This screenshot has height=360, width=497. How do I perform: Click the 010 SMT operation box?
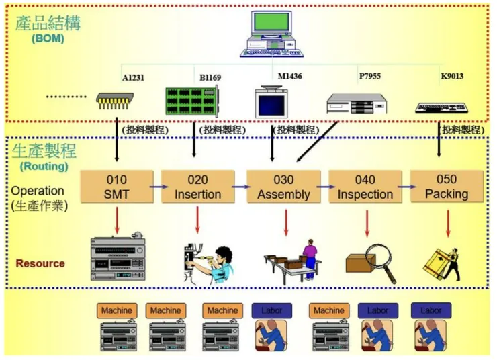click(116, 187)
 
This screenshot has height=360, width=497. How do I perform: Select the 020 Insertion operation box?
click(197, 187)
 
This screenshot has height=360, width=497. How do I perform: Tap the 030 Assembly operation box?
click(283, 187)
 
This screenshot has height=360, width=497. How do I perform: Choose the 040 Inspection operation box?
click(365, 187)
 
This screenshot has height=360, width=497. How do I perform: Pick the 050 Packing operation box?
click(446, 187)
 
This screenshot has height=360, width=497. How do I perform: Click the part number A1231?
click(133, 77)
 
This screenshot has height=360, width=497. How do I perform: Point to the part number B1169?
click(210, 77)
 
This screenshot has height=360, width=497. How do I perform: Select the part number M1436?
click(289, 76)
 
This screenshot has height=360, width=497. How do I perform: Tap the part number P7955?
click(369, 76)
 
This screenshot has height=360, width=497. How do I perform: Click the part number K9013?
click(451, 76)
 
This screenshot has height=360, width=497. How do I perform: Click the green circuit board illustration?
click(192, 101)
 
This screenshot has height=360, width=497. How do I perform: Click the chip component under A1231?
click(116, 101)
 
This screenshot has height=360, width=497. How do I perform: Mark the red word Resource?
click(40, 263)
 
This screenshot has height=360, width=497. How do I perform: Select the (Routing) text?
click(44, 165)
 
